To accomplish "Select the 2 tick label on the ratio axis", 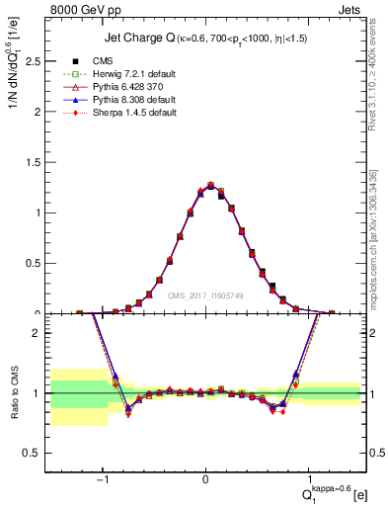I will (37, 333).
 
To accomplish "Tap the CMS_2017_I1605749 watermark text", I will (205, 295).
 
